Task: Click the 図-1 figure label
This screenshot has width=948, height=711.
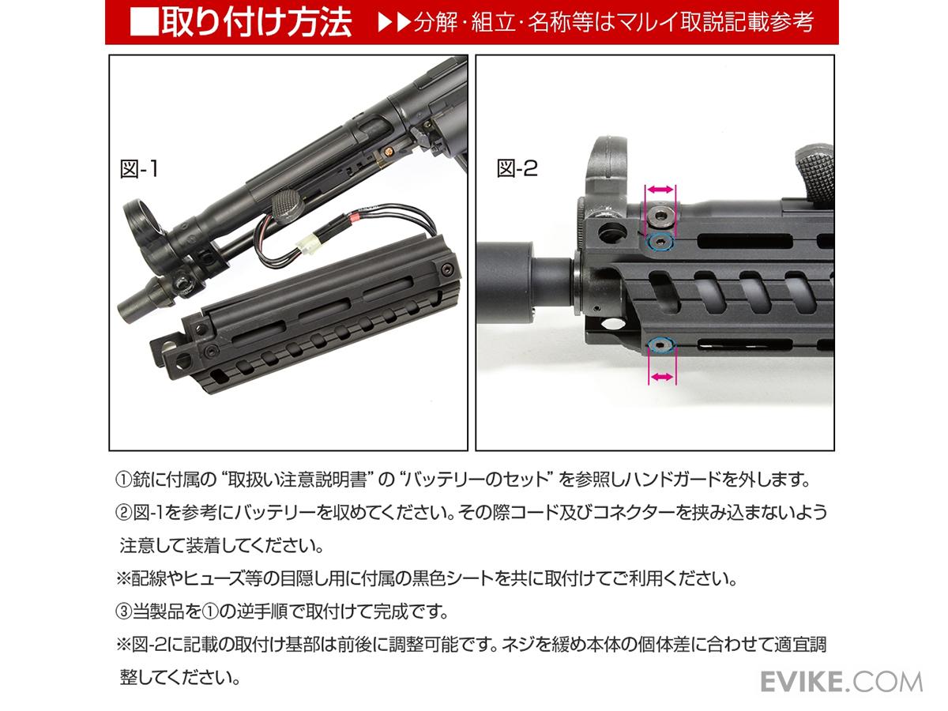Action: click(138, 169)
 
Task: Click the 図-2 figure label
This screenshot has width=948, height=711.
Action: click(517, 168)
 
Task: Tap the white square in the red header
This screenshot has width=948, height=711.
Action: click(144, 22)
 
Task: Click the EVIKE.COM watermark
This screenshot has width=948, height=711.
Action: click(841, 682)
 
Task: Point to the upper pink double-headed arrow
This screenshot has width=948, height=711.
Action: click(660, 190)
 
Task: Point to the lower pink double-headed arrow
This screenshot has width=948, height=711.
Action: click(662, 378)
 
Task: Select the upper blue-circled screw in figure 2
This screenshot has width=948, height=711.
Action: click(660, 243)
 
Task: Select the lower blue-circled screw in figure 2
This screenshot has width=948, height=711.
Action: click(661, 345)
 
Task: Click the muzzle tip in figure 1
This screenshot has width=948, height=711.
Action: click(126, 312)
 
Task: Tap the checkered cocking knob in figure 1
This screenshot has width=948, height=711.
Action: click(288, 207)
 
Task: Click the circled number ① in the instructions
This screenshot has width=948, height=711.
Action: click(122, 480)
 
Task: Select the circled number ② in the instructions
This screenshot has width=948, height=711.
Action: click(122, 513)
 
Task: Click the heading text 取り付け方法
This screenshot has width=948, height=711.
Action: click(257, 22)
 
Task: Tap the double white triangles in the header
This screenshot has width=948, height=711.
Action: click(394, 22)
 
